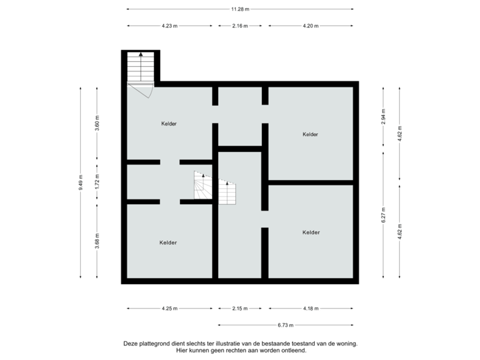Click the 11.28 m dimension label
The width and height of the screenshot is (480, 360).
tap(240, 9)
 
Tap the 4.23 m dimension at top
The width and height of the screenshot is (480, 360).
tap(169, 26)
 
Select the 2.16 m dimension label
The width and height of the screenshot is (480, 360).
tap(240, 26)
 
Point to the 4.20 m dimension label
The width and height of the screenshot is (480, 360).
tap(310, 26)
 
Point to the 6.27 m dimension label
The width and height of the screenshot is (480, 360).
tap(383, 215)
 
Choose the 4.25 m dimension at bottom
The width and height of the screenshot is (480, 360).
tap(169, 309)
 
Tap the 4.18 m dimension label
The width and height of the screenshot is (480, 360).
tap(310, 309)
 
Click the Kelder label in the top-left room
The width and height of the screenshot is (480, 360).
tap(169, 123)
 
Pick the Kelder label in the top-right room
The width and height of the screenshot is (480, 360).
tap(310, 135)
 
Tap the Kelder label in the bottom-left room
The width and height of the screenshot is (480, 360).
tap(168, 243)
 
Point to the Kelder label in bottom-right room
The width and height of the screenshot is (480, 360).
tap(311, 233)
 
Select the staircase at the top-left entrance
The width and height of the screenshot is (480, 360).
tap(140, 67)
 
